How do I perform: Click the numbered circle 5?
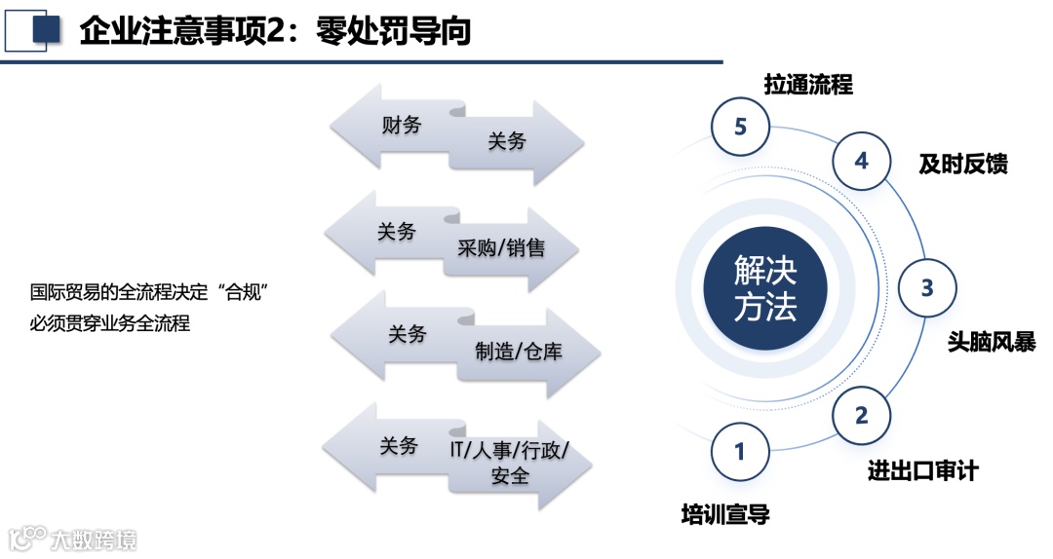[740, 127]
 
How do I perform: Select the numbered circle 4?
[861, 161]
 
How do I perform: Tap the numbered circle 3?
[927, 288]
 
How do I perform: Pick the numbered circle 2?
[861, 416]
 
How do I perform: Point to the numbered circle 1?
[740, 451]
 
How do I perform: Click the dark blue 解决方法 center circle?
[765, 288]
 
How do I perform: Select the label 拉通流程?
[808, 85]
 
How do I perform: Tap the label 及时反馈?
[963, 165]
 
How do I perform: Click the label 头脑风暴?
[992, 343]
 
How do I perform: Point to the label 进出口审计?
[923, 471]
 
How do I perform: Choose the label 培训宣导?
[725, 514]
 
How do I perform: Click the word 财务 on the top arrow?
[402, 125]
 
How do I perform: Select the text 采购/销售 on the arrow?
[501, 247]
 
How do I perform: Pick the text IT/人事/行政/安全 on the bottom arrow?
[509, 463]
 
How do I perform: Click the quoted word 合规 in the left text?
[244, 292]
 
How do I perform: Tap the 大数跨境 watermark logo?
[73, 539]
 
